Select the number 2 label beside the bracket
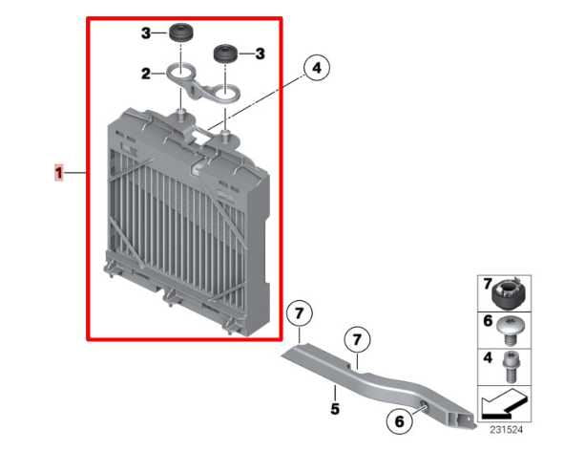(147, 73)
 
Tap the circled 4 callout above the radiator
(317, 68)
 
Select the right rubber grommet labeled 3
(226, 52)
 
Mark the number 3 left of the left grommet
(147, 33)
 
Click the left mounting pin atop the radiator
(178, 118)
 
